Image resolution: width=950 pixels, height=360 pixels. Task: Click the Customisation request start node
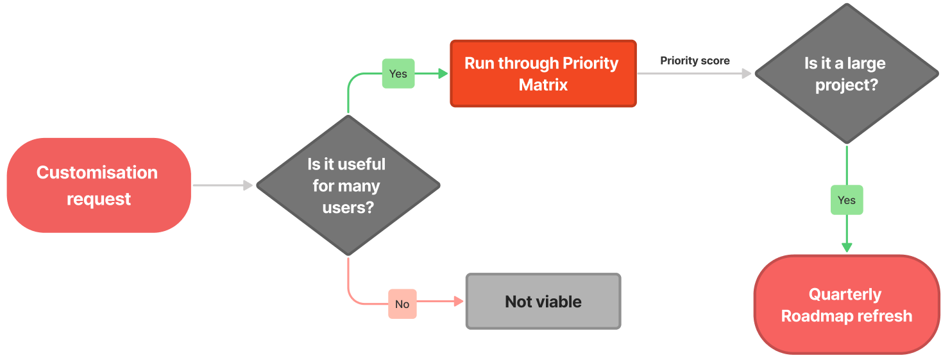point(99,185)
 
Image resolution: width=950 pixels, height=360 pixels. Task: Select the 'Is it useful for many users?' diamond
point(348,185)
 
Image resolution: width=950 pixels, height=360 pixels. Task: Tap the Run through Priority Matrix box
point(543,73)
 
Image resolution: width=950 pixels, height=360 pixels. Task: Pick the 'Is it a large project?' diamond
point(847,73)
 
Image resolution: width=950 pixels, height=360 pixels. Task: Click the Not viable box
point(543,302)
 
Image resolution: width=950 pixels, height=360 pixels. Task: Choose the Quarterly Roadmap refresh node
point(847,304)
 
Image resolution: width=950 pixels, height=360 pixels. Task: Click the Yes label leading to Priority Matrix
point(398,73)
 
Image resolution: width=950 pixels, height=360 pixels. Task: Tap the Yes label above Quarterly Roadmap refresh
point(847,200)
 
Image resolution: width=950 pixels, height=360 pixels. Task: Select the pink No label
point(402,304)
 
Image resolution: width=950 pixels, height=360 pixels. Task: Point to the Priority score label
point(695,60)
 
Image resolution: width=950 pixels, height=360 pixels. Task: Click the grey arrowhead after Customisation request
point(248,185)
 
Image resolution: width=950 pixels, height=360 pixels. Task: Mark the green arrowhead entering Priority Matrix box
point(443,73)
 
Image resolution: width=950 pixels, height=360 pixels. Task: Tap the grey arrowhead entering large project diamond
point(747,73)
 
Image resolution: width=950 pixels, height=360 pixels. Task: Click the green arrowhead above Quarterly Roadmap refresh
point(847,248)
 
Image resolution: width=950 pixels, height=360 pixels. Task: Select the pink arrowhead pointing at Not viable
point(459,302)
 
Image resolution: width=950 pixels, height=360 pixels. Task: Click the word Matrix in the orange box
point(543,85)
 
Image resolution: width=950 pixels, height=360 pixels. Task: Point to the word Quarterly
point(845,295)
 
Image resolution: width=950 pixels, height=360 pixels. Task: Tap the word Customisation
point(97,173)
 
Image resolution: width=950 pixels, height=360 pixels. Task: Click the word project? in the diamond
point(847,85)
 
